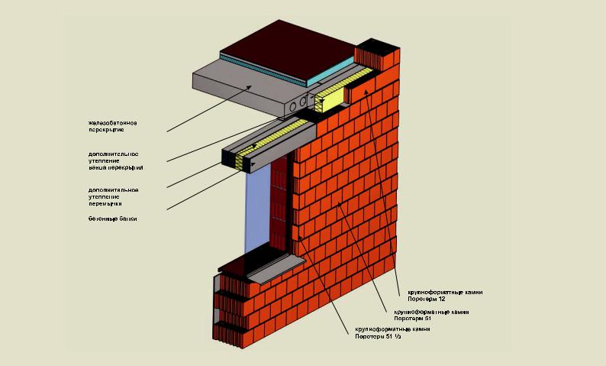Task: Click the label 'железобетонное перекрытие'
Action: tap(112, 126)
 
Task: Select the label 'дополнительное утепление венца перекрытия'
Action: tap(115, 160)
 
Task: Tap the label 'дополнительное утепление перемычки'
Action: tap(112, 196)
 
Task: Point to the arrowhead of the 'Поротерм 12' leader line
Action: tap(366, 89)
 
